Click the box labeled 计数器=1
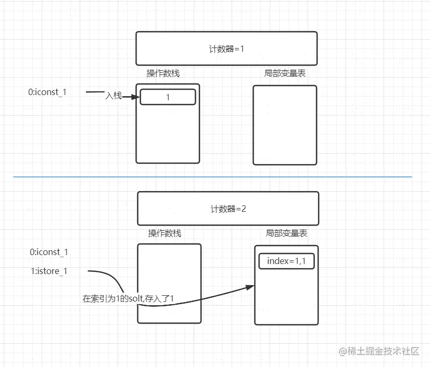click(226, 48)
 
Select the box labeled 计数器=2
click(228, 208)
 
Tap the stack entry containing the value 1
click(168, 97)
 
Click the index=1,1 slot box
click(286, 261)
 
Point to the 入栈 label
click(113, 96)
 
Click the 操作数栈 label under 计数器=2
click(165, 233)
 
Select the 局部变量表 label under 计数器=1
click(285, 73)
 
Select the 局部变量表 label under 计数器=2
click(286, 233)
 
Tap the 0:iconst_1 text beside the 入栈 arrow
click(47, 92)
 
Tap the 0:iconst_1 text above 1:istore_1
click(49, 252)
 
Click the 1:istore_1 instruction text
click(49, 271)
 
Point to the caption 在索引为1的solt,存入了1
click(128, 299)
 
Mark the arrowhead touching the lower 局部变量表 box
click(250, 287)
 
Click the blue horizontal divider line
click(211, 176)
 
